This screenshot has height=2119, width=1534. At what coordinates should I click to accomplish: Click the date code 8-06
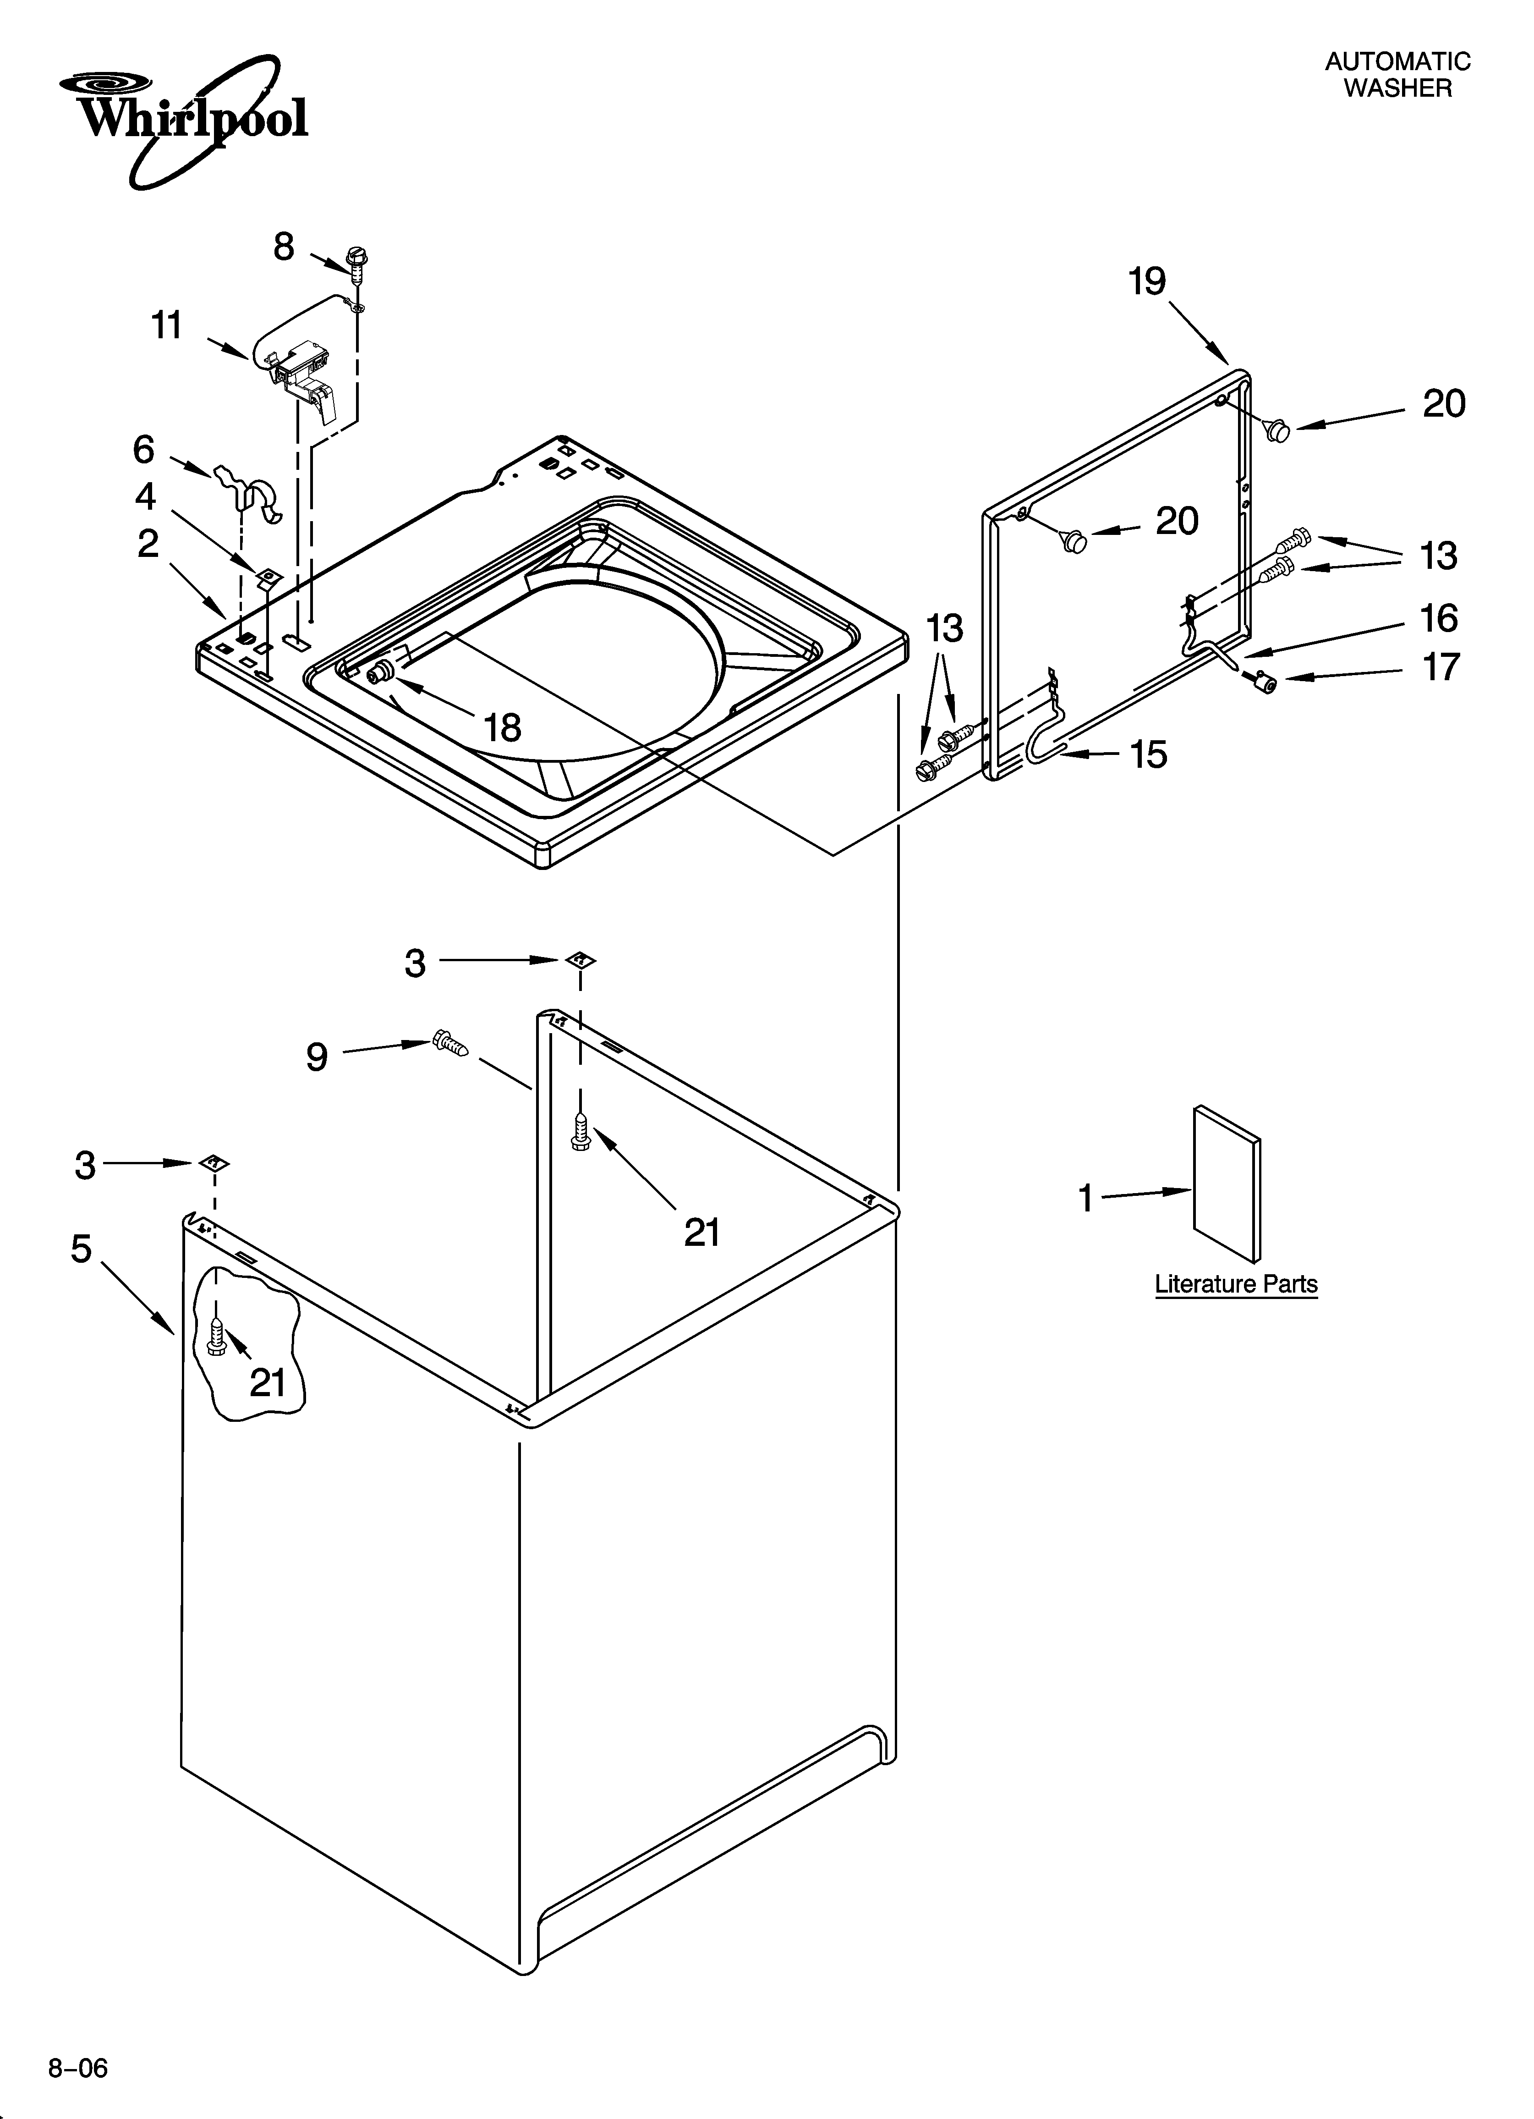click(78, 2061)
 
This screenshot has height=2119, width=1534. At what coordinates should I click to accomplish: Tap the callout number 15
click(1148, 754)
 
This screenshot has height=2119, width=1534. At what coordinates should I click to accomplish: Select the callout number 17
click(1440, 667)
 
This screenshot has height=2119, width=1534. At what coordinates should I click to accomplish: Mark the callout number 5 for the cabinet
click(82, 1248)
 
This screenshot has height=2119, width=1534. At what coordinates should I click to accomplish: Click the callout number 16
click(1439, 617)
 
